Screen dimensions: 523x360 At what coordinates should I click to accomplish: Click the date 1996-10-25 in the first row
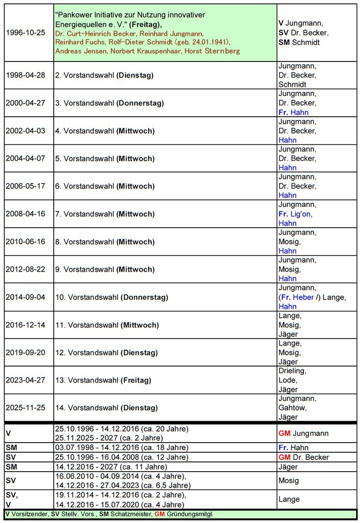[x=25, y=33]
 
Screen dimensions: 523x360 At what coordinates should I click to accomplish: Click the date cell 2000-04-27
[x=25, y=103]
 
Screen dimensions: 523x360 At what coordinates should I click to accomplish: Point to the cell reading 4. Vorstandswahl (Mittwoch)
[x=104, y=131]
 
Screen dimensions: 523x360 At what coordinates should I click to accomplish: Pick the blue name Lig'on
[x=301, y=214]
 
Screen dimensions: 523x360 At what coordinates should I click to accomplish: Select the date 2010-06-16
[x=25, y=242]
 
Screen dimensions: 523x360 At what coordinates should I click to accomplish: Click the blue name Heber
[x=303, y=297]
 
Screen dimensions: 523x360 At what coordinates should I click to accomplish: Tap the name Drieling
[x=292, y=371]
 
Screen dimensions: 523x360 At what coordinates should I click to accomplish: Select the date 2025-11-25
[x=25, y=408]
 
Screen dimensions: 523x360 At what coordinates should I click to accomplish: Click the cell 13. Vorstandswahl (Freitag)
[x=103, y=380]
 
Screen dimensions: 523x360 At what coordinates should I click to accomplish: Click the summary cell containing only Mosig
[x=289, y=480]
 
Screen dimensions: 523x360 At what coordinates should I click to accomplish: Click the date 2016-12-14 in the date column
[x=25, y=325]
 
